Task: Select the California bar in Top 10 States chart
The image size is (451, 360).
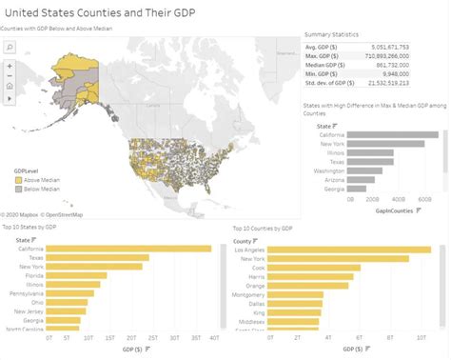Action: pos(128,249)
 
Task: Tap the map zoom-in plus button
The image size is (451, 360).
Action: pos(9,65)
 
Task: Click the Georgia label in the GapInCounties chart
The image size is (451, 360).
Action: pos(334,189)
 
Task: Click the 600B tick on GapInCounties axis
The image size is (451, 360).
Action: pos(424,201)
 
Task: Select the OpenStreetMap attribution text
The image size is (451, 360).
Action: pos(63,215)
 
